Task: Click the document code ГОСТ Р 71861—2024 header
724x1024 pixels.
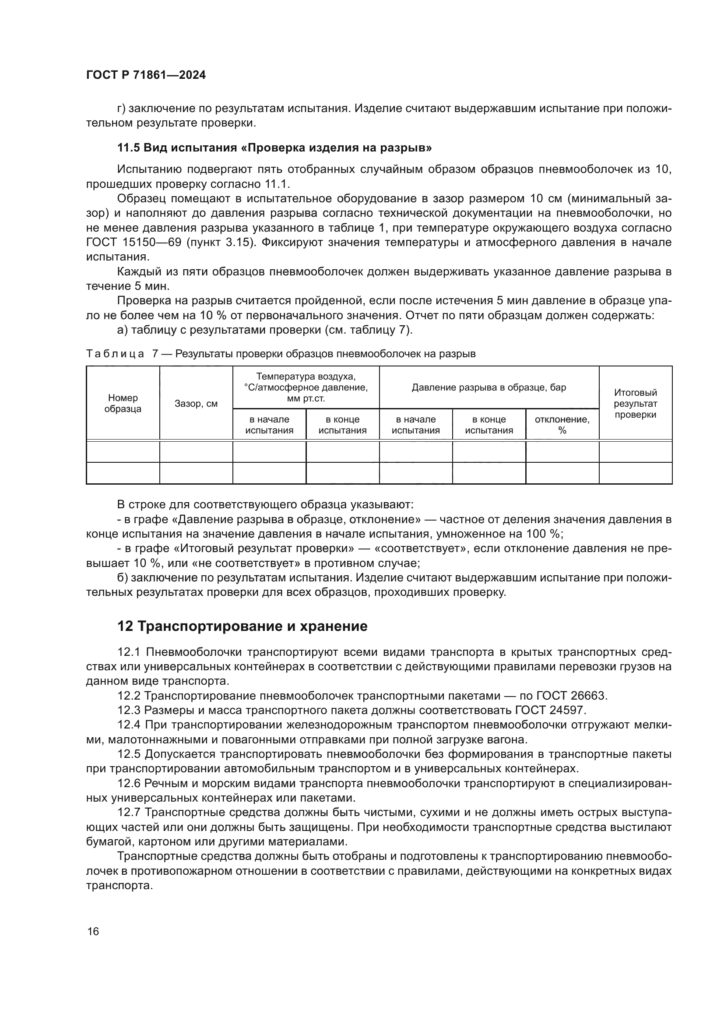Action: pyautogui.click(x=146, y=75)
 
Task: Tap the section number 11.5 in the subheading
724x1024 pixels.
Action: pyautogui.click(x=128, y=148)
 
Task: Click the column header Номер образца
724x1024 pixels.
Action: pyautogui.click(x=123, y=403)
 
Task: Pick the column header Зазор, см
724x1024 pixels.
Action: pyautogui.click(x=196, y=404)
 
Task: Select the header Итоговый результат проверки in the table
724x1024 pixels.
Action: pyautogui.click(x=635, y=403)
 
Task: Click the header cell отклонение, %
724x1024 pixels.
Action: pyautogui.click(x=562, y=425)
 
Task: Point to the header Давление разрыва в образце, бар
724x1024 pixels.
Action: pyautogui.click(x=489, y=387)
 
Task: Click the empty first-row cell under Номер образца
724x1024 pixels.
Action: pyautogui.click(x=123, y=452)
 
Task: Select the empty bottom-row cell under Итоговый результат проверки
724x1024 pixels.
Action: pyautogui.click(x=635, y=473)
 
